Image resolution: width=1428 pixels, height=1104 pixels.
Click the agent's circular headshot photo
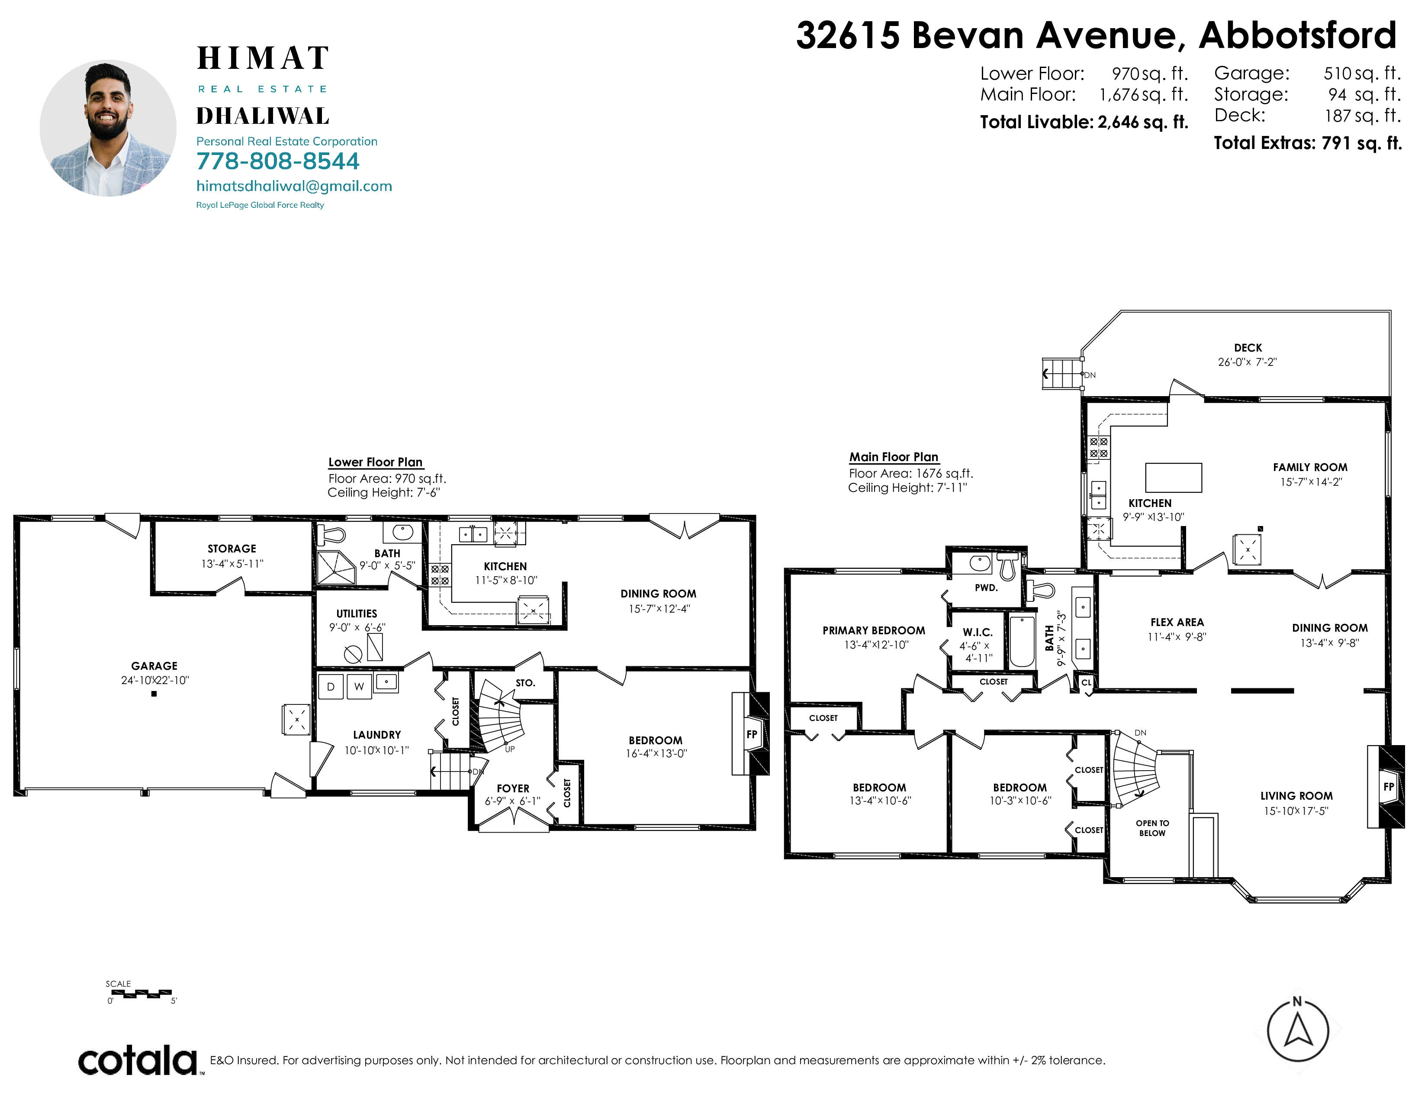pos(108,128)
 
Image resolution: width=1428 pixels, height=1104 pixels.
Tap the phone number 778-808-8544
pos(278,161)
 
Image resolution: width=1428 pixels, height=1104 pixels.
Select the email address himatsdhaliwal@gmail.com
pos(294,187)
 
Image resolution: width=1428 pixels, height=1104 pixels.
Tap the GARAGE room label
pos(154,666)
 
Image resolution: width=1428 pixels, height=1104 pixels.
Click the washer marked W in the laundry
pos(359,687)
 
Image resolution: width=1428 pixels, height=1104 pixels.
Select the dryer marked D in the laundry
pos(331,687)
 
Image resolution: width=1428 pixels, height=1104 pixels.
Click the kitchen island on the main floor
pos(1174,478)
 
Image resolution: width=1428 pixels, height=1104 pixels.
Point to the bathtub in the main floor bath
pos(1022,641)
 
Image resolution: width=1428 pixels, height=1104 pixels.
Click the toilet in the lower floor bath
pos(331,535)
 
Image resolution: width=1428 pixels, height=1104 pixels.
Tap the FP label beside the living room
pos(1389,787)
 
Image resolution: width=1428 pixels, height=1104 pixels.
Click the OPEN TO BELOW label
pos(1152,828)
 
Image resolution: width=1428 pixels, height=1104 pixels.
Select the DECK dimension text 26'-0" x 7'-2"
pos(1247,362)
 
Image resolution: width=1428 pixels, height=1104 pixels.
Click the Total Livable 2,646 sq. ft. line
pos(1084,122)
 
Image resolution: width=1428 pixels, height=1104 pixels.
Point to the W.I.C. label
pos(978,633)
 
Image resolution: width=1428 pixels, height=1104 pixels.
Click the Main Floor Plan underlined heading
pos(894,457)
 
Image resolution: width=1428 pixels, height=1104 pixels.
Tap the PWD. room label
pos(986,588)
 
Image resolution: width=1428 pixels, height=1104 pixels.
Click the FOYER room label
pos(513,789)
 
